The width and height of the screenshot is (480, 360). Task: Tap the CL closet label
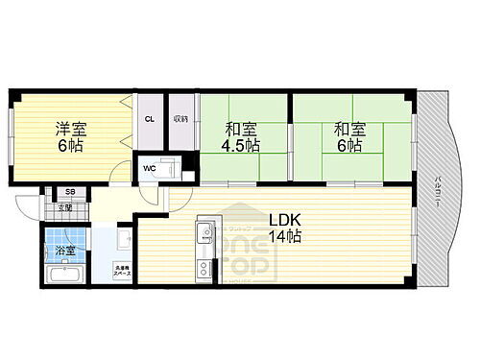point(150,119)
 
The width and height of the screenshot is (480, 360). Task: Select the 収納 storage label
point(180,119)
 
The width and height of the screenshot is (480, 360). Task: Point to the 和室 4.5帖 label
point(241,135)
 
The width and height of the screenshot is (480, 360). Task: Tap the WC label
point(150,169)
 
